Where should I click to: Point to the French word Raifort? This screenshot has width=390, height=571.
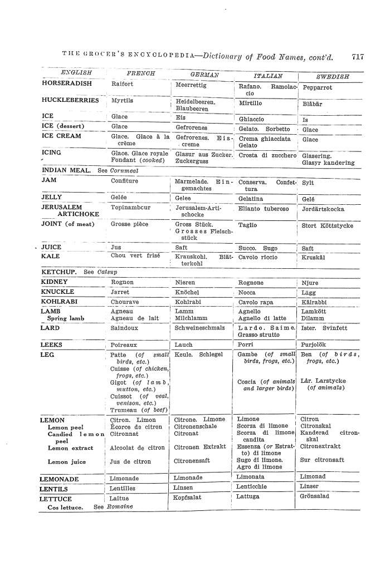click(x=123, y=85)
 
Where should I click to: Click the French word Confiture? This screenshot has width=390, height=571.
click(x=125, y=181)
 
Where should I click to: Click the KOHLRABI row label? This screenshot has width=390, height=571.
click(x=59, y=302)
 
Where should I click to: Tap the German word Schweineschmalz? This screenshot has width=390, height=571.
click(x=199, y=328)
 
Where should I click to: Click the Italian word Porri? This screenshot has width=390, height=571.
click(x=245, y=345)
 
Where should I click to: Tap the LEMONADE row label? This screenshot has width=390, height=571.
click(x=60, y=479)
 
